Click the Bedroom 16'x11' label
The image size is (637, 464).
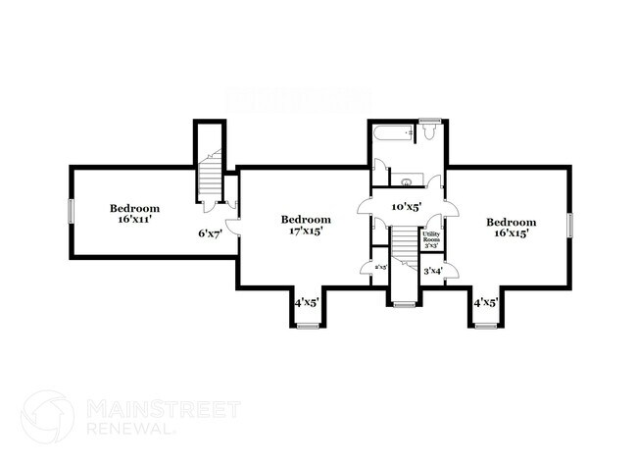point(134,214)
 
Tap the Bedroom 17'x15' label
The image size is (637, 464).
point(306,226)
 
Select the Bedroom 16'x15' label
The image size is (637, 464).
point(512,229)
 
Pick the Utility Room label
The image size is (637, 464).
point(431,238)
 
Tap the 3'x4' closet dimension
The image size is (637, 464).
point(432,270)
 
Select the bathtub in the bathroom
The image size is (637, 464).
point(395,133)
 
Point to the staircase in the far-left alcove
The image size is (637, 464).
point(210,177)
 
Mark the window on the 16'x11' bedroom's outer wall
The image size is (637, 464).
point(71,211)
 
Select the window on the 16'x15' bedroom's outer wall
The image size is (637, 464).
point(569,225)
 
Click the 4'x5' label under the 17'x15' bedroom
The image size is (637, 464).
point(308,303)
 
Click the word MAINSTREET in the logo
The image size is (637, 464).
point(163,409)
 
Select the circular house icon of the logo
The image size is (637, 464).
point(48,416)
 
